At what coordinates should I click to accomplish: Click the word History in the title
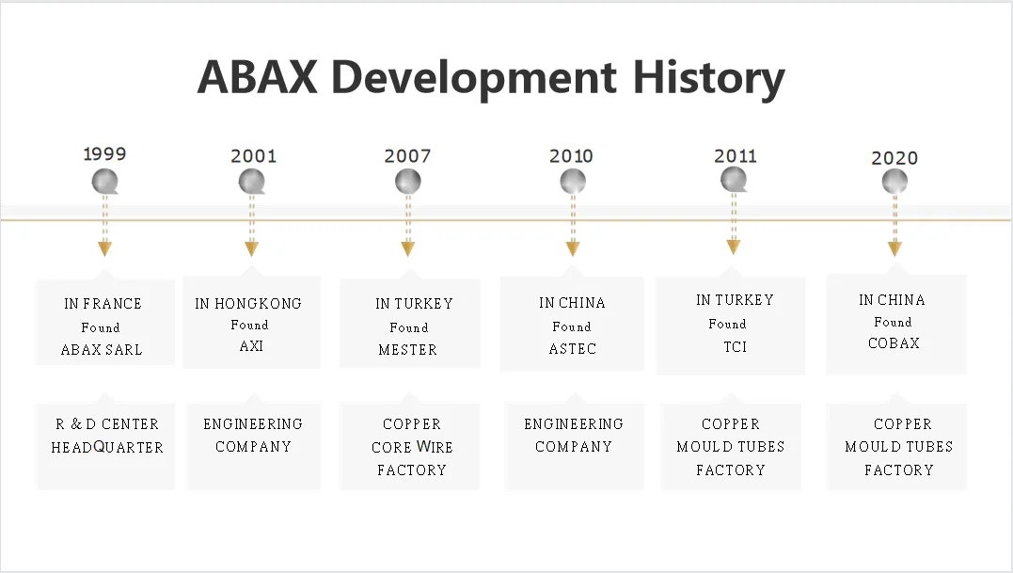tap(708, 78)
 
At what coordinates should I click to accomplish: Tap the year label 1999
tap(104, 153)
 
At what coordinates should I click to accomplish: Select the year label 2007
tap(407, 155)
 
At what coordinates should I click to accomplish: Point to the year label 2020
tap(894, 158)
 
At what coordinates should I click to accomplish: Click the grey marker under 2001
tap(252, 182)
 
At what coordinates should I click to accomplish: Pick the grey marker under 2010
tap(573, 182)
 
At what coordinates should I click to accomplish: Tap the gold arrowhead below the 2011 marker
tap(734, 247)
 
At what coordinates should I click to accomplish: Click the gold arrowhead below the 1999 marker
tap(104, 248)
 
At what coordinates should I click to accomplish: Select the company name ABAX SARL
tap(102, 349)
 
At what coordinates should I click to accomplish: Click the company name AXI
tap(251, 346)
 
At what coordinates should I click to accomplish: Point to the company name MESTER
tap(407, 349)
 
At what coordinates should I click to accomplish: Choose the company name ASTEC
tap(573, 349)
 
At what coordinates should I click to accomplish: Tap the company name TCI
tap(736, 347)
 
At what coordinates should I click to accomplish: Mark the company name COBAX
tap(894, 343)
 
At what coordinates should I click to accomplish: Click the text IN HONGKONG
tap(248, 304)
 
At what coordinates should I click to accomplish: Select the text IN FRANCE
tap(103, 304)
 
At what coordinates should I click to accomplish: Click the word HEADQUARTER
tap(107, 447)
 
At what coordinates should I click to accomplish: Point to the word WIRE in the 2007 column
tap(435, 447)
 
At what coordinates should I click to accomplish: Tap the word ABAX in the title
tap(257, 77)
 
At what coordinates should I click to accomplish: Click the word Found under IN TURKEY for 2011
tap(727, 324)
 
